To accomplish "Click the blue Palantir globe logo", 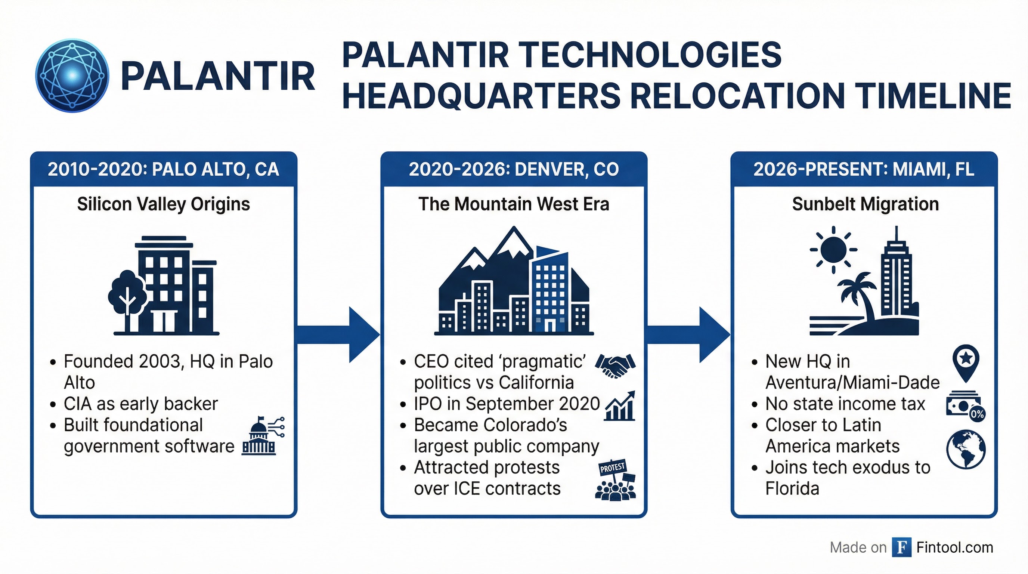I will click(72, 75).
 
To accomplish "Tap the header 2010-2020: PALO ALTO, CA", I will click(163, 169).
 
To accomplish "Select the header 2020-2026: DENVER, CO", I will click(514, 169).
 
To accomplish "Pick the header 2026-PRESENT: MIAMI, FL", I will click(864, 169).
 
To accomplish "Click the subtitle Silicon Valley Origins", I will click(163, 204).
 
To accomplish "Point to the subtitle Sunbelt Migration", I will click(865, 204).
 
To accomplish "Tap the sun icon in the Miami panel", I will click(833, 250).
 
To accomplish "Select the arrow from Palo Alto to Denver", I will click(339, 334).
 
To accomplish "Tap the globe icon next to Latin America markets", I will click(966, 449).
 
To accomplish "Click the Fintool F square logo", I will click(901, 547).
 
